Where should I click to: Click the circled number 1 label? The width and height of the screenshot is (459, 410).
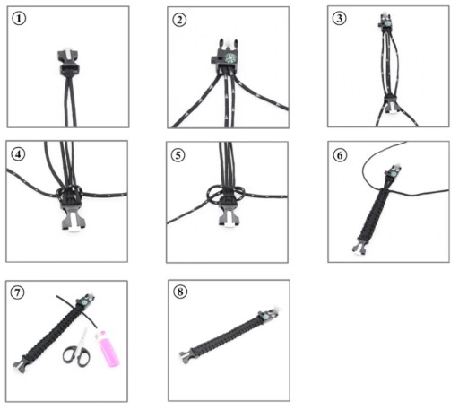19,19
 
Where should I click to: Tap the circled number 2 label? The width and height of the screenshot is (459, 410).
179,20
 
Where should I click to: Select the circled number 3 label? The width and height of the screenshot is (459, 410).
340,18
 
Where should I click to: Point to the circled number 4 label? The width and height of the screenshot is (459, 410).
18,154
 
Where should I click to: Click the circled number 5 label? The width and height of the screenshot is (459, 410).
178,155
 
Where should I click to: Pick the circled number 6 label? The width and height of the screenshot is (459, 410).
340,155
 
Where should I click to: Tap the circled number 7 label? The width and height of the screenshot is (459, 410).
17,292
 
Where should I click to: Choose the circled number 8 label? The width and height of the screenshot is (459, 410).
180,292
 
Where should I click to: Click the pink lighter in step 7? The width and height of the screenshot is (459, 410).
108,348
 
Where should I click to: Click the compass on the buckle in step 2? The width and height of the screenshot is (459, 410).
230,58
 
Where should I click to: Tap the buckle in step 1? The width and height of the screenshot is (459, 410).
69,62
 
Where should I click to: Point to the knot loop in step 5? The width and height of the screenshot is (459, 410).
226,194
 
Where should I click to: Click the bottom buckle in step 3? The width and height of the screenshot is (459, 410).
391,104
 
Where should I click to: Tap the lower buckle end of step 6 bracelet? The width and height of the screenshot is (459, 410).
359,248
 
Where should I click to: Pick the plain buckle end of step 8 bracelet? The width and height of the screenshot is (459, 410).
186,355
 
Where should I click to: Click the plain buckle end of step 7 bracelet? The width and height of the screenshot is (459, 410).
22,362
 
